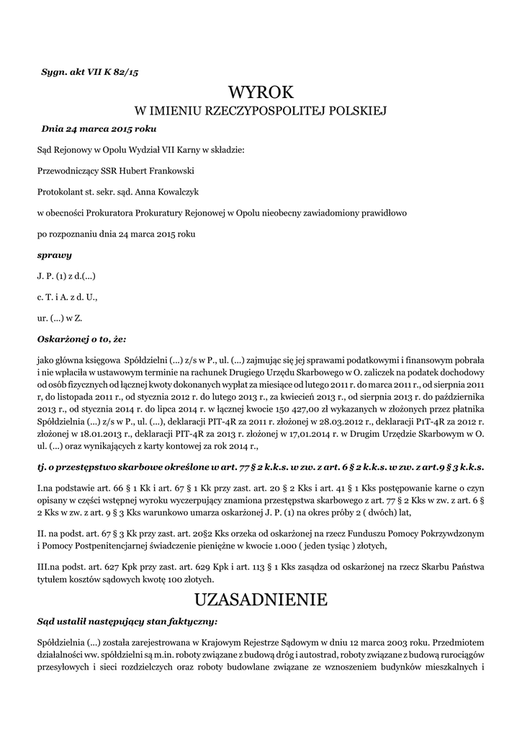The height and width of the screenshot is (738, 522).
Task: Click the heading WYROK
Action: (x=261, y=92)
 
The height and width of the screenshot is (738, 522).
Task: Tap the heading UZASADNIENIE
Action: (x=261, y=600)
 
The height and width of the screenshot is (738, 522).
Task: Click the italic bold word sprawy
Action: (x=54, y=255)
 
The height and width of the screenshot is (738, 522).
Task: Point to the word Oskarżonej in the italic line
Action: (x=63, y=337)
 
